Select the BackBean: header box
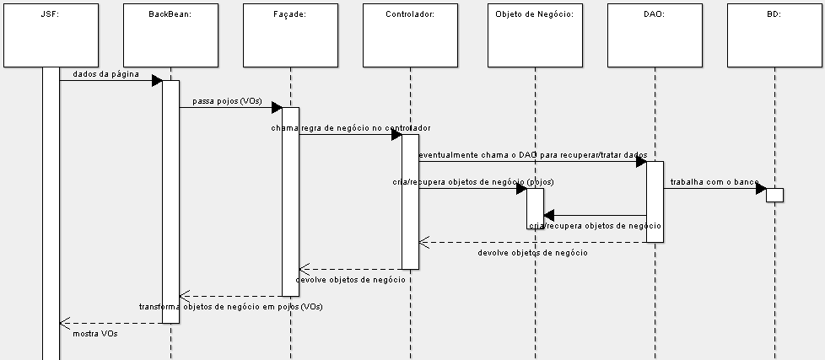click(x=170, y=34)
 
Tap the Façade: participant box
click(x=290, y=34)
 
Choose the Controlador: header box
click(x=410, y=34)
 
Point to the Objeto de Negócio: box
click(x=534, y=34)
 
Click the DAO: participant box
click(x=655, y=34)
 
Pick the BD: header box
click(x=774, y=34)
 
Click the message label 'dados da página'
click(x=105, y=74)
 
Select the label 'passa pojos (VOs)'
click(x=227, y=101)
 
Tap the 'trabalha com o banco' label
click(x=714, y=182)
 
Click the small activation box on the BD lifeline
click(x=775, y=195)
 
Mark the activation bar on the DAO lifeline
click(x=655, y=201)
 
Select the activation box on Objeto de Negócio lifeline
click(x=535, y=207)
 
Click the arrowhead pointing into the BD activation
click(x=761, y=188)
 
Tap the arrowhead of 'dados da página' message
click(x=157, y=80)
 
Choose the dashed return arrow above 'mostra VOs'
click(x=110, y=323)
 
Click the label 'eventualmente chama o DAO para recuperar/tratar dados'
click(x=532, y=155)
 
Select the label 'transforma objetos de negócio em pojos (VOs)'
click(x=230, y=307)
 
